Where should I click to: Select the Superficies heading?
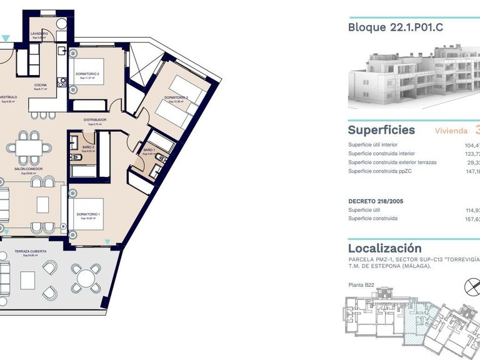pos(381,130)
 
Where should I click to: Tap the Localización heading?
pos(384,248)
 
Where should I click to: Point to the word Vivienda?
pos(451,131)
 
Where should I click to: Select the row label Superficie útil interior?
pos(377,145)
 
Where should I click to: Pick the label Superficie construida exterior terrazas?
pos(392,162)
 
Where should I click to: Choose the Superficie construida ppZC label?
pos(379,171)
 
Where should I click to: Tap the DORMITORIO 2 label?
pos(88,74)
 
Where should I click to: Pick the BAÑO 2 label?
pos(87,147)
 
